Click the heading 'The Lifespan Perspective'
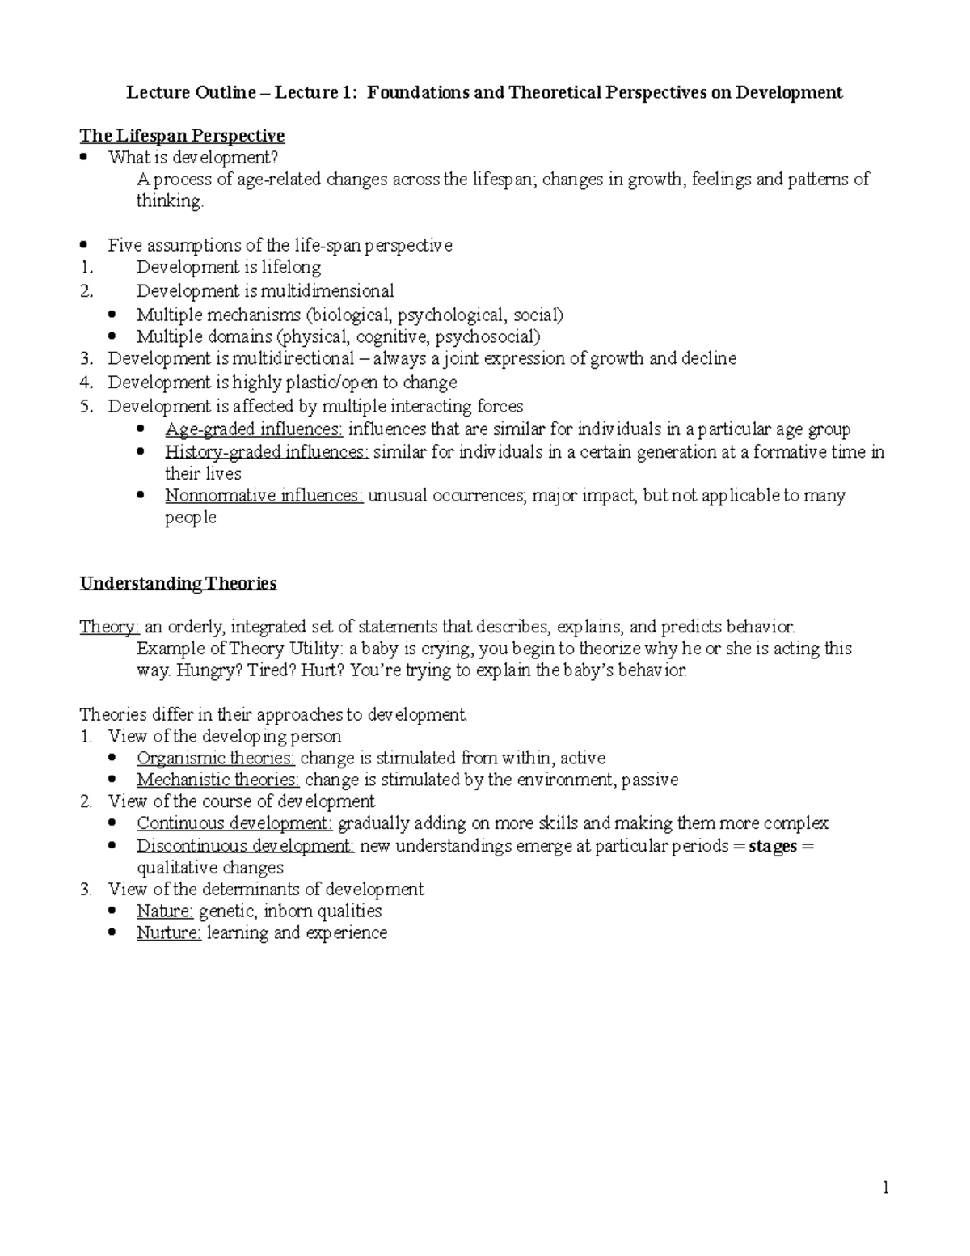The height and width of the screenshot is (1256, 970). [x=182, y=135]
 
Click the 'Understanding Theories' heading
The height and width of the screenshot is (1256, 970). [x=178, y=583]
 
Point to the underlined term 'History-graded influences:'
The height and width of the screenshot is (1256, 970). [x=267, y=452]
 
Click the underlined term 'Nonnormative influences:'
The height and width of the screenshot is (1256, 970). [x=264, y=495]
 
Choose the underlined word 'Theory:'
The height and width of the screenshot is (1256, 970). [x=109, y=627]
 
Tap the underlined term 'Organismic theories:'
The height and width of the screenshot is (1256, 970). [x=216, y=758]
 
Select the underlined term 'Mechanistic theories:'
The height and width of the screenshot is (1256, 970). [x=218, y=780]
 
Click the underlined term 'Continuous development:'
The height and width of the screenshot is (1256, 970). [x=234, y=823]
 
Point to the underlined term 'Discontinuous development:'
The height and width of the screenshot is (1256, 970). [x=246, y=846]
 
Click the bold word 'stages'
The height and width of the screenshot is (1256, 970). [x=773, y=846]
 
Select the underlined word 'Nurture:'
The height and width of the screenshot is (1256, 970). [x=169, y=932]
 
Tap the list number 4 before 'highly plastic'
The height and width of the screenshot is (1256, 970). [x=86, y=383]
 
